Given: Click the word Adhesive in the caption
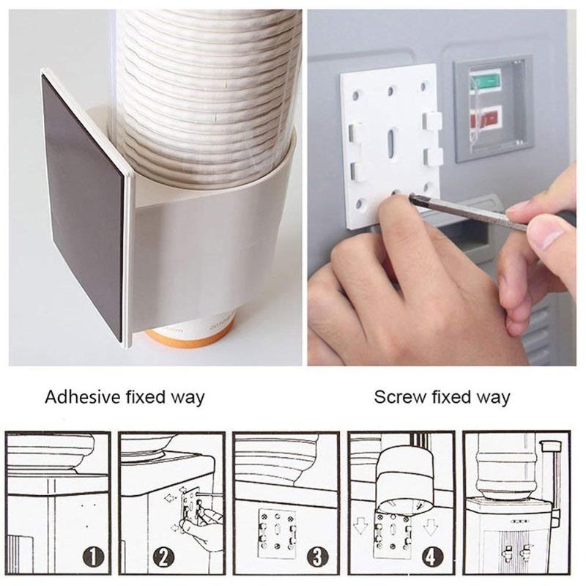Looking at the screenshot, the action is click(x=83, y=396).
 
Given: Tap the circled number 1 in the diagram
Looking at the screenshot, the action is click(x=93, y=558).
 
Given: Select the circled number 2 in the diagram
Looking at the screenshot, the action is click(x=163, y=558).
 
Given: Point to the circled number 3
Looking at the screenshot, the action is click(x=318, y=557).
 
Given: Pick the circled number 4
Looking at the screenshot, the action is click(x=432, y=557).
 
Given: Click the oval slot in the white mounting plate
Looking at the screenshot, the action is click(x=392, y=143).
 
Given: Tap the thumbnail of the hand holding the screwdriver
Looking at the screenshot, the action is click(x=548, y=233).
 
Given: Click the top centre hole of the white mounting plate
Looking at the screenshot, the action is click(x=390, y=90).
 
